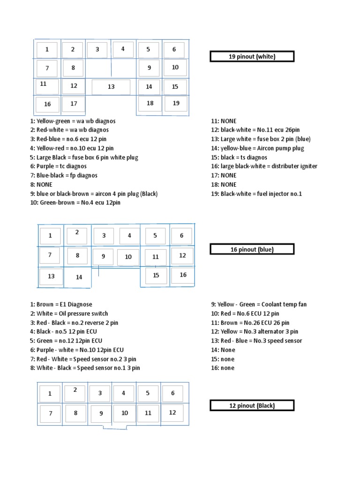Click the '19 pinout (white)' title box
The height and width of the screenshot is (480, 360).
pos(252,57)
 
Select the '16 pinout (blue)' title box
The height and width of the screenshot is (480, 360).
pos(252,249)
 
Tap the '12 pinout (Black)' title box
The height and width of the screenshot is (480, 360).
pos(252,405)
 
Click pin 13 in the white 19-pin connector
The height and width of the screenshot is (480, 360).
pos(111,87)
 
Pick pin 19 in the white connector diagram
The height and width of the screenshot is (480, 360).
pos(176,103)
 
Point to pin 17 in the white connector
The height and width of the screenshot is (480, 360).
pos(74,104)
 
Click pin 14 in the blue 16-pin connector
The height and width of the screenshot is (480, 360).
pos(79,277)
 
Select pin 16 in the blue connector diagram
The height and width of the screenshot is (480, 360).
pos(183,275)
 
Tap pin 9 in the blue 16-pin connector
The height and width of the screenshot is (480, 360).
pos(103,256)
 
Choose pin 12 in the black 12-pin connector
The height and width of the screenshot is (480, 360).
pos(172,412)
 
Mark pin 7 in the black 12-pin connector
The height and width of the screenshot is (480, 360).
pos(50,414)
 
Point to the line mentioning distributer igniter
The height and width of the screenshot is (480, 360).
pos(264,166)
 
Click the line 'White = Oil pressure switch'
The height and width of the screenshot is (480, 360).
pos(69,314)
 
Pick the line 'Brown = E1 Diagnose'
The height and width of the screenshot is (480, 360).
pos(61,305)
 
